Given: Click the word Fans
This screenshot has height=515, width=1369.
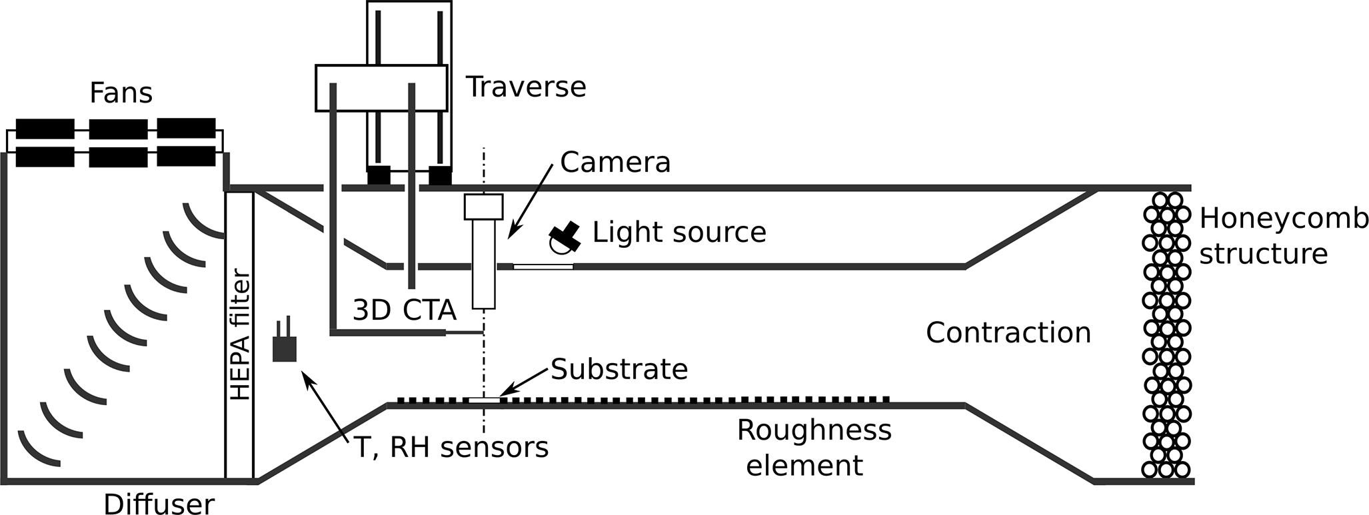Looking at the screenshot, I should coord(121,93).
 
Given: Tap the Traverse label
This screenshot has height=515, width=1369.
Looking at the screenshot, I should coord(525,87).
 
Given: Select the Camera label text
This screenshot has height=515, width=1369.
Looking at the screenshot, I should coord(615,163).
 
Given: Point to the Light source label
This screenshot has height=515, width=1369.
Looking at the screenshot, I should coord(679,233).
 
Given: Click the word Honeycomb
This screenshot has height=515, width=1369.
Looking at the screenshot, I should coord(1283,219).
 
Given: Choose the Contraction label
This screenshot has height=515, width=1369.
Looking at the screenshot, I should coord(1008,332).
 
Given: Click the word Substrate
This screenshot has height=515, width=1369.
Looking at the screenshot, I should coord(619,369).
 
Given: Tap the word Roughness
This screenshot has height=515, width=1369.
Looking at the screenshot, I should coord(814,430).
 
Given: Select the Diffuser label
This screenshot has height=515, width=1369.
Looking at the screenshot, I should coord(159,504).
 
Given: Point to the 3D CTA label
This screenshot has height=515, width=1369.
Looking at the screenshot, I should coord(404,310).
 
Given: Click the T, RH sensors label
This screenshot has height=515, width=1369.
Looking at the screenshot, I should coord(451,448).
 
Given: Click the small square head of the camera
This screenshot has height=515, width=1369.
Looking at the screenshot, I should coord(483,207).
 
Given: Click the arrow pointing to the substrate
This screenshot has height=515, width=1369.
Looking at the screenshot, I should coord(526,384).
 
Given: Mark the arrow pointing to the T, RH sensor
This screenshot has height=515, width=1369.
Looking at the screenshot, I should coord(326,406).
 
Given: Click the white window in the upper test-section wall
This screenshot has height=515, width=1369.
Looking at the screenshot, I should coord(543,267).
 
